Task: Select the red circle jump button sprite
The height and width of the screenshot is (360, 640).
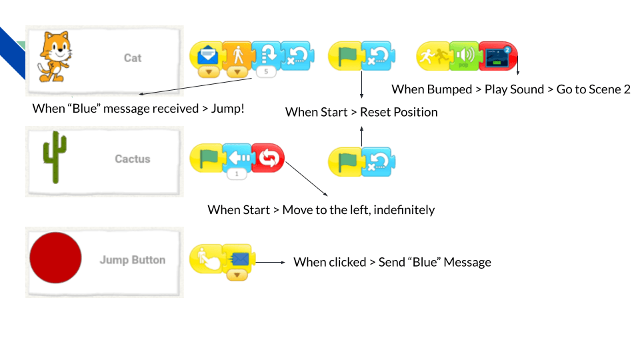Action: coord(56,259)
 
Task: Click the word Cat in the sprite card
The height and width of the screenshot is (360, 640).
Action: coord(133,58)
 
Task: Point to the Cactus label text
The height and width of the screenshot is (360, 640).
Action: coord(133,159)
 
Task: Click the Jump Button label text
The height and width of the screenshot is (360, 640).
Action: coord(133,260)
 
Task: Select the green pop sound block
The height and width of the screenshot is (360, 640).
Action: coord(464,57)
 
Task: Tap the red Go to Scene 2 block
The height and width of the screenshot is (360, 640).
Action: coord(497,57)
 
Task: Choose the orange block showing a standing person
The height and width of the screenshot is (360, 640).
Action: coord(236,56)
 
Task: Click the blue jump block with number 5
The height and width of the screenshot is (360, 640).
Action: coord(266,56)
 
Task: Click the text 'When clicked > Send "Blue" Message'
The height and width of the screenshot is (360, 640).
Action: coord(392,263)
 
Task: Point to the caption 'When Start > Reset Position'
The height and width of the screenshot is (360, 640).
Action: coord(361,112)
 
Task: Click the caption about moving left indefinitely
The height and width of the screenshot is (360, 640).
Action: coord(321,210)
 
